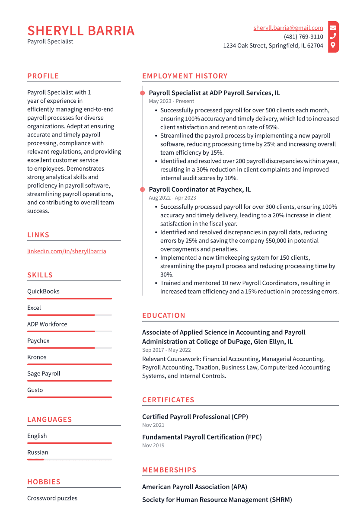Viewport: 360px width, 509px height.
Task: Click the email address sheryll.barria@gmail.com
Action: [288, 28]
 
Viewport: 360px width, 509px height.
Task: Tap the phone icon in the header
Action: [333, 37]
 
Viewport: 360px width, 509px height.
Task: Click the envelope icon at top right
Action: [333, 28]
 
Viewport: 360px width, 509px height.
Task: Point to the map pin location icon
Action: [333, 45]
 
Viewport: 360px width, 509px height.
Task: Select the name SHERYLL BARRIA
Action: [81, 31]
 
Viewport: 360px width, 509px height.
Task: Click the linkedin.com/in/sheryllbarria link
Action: [67, 251]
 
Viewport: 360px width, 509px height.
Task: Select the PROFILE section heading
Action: [43, 76]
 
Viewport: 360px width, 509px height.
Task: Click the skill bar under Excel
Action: [69, 315]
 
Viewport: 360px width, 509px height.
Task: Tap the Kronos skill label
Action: [37, 357]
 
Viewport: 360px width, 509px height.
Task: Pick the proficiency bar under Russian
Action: [69, 459]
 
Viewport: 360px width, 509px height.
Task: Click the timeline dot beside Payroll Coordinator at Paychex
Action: [142, 189]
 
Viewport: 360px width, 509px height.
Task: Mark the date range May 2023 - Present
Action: [172, 101]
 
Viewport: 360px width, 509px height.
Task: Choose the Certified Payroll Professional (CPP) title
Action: [195, 417]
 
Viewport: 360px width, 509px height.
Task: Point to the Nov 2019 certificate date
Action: [153, 445]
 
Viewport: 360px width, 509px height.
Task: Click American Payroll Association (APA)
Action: [194, 487]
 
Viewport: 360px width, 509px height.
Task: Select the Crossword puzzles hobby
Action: [52, 498]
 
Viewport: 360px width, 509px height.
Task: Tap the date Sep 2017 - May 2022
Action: [166, 350]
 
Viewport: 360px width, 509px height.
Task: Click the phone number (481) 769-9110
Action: [303, 37]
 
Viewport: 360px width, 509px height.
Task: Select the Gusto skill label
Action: [35, 390]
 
